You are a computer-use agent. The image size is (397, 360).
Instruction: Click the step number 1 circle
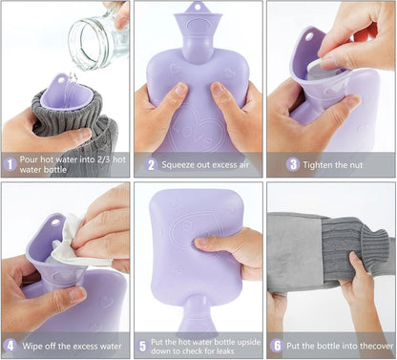tap(10, 164)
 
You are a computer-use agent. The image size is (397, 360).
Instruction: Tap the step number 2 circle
tap(151, 165)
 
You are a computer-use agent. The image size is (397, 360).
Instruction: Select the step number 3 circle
tap(293, 164)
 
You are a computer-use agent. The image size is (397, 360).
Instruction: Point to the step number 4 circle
tap(10, 346)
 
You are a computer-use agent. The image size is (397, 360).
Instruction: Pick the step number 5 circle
tap(143, 347)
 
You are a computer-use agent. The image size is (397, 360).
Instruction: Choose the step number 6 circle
tap(277, 346)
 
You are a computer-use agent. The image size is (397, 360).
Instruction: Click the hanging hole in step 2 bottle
tap(198, 6)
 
